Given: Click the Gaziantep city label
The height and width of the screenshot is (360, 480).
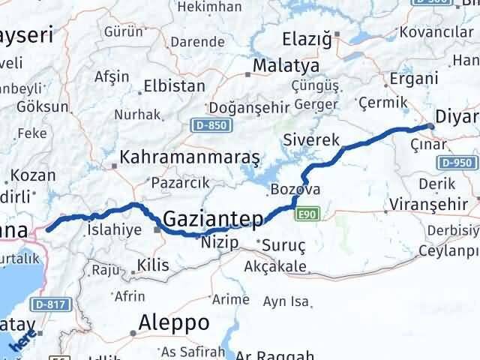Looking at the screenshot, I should [x=213, y=219].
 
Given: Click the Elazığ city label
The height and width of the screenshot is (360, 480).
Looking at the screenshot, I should [x=307, y=39].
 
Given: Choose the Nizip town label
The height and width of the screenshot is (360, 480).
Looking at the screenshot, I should [x=220, y=242].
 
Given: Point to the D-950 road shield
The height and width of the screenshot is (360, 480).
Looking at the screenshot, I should [x=457, y=162].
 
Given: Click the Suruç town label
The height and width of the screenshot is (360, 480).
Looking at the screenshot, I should [x=278, y=243].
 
